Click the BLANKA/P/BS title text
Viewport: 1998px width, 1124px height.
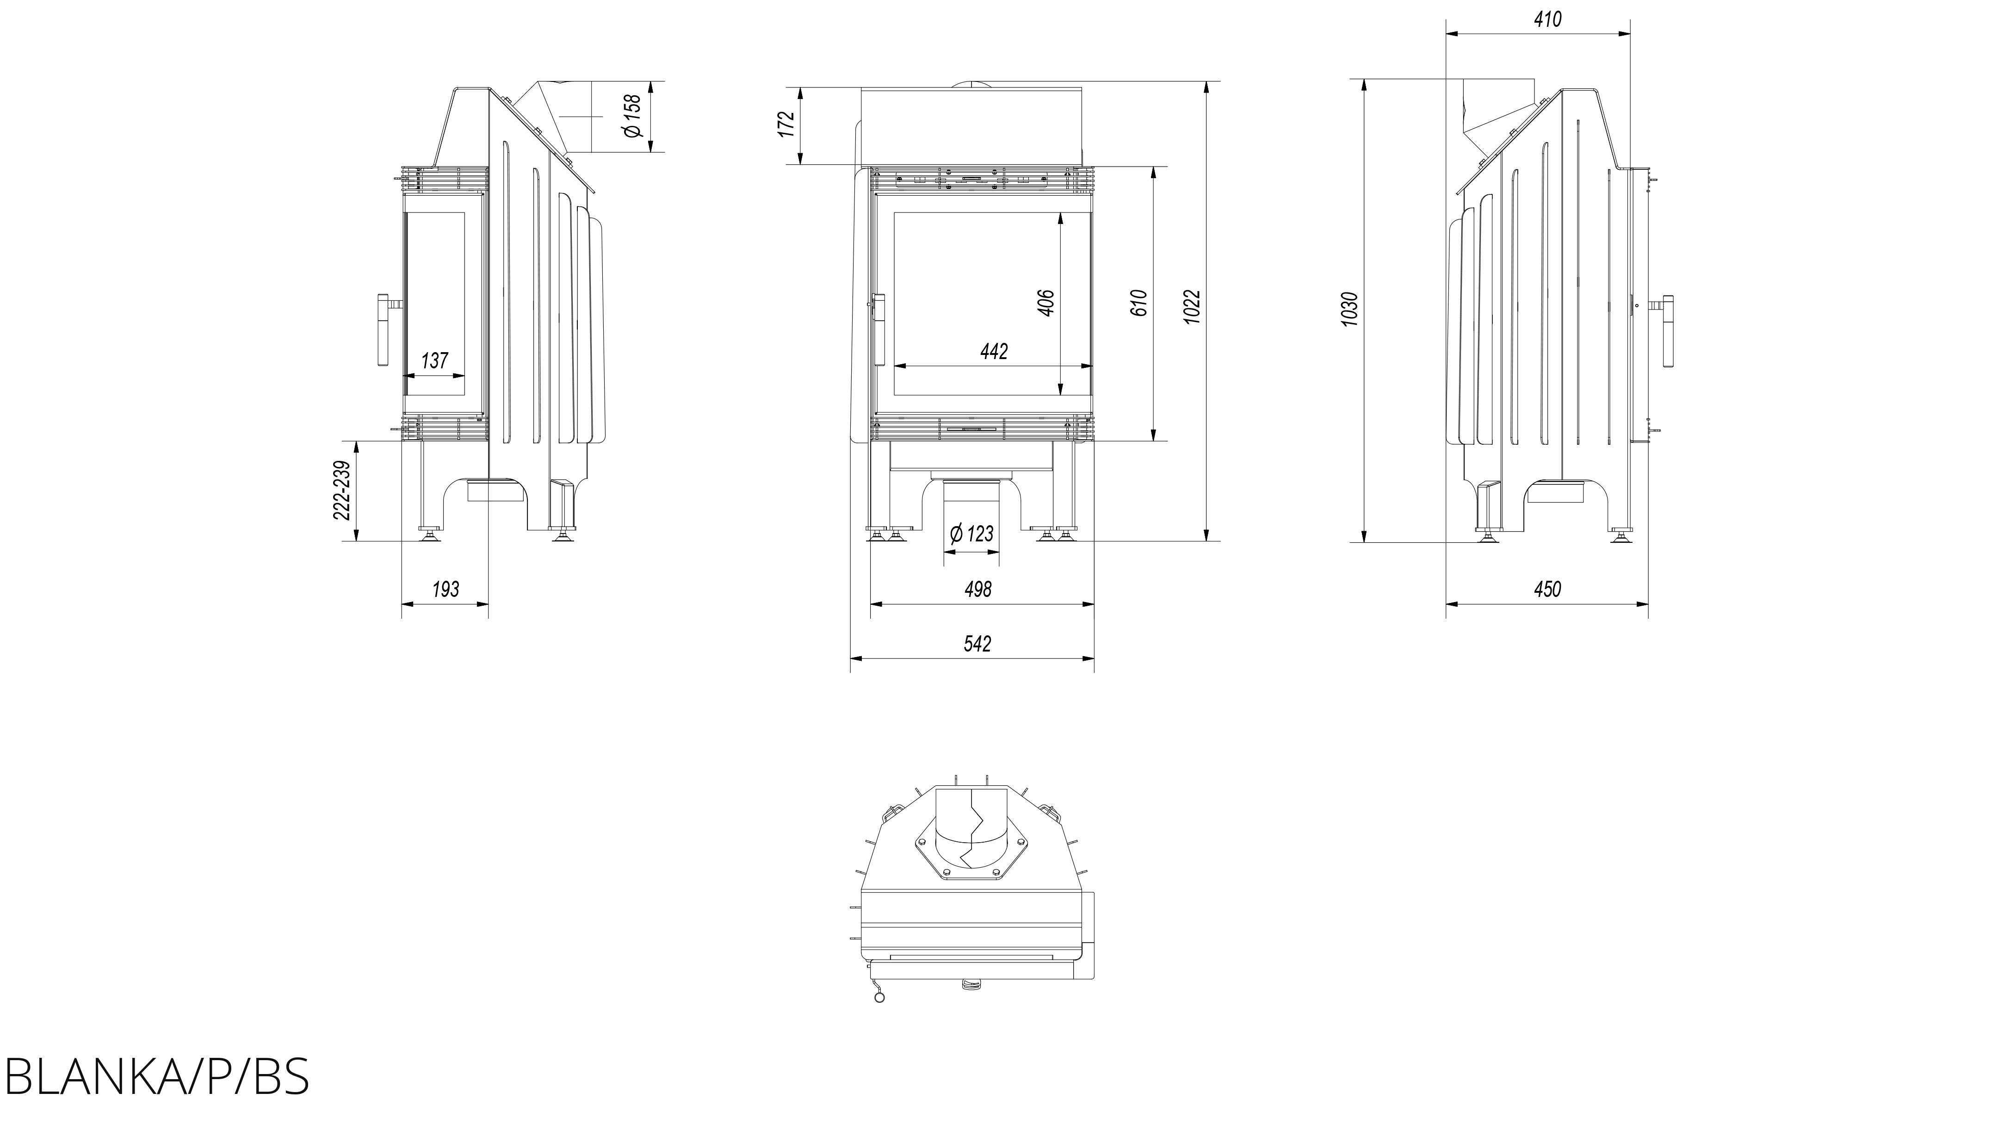point(157,1075)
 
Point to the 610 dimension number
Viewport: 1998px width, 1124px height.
point(1138,303)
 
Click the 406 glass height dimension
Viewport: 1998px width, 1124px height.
point(1045,303)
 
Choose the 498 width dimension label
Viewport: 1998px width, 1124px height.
point(978,590)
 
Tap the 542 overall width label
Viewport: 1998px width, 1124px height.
point(978,644)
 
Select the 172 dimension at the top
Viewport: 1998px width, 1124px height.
point(786,124)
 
